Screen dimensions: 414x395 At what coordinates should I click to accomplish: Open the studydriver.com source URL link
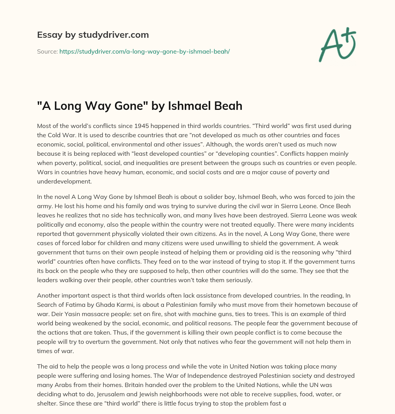[144, 51]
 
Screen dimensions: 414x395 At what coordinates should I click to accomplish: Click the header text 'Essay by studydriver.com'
[93, 35]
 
